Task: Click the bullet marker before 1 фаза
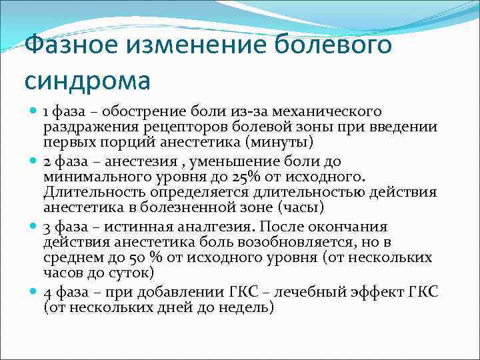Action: pos(33,111)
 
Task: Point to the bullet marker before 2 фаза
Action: pos(33,161)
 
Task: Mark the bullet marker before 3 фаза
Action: pos(33,225)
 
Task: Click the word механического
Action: pos(327,111)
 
